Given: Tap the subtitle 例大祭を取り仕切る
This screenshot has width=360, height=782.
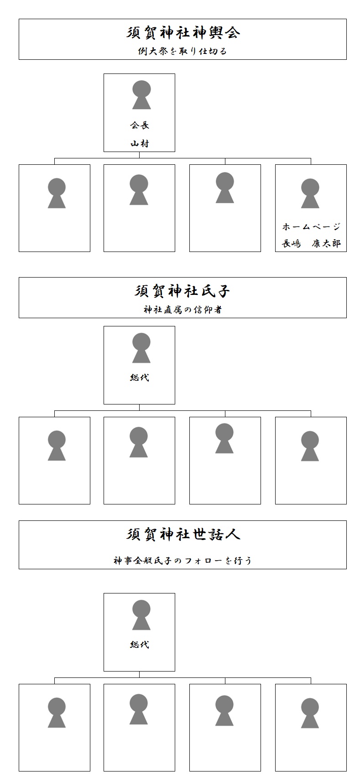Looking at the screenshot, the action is (183, 51).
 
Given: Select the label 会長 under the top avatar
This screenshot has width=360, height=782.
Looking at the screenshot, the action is (140, 125).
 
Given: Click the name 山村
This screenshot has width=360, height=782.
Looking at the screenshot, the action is (140, 143).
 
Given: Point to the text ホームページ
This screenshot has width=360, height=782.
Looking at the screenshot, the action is (311, 226).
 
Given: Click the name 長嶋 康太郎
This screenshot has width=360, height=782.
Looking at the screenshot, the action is (311, 243).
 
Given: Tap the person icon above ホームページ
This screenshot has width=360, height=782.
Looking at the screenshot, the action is (310, 194).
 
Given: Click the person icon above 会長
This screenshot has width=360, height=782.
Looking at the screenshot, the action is (141, 95).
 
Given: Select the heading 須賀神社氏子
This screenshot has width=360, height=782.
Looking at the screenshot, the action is (183, 291).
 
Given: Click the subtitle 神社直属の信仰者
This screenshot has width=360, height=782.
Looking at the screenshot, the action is (183, 310).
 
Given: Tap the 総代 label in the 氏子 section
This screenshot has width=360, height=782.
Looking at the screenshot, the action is (140, 378).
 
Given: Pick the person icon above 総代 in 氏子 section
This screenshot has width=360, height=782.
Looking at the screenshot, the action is (141, 348).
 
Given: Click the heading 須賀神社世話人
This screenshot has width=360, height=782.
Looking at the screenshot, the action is (183, 535).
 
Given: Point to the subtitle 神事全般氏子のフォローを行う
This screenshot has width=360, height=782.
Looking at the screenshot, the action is (183, 561).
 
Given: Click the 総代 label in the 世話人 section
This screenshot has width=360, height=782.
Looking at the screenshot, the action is (140, 645).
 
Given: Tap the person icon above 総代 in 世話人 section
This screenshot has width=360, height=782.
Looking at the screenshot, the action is (141, 615).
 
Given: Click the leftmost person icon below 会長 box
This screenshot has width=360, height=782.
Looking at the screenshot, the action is (57, 194).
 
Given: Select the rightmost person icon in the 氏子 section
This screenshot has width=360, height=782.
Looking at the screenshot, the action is (310, 446).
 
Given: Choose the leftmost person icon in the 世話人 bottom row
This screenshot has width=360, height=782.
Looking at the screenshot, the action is (57, 713).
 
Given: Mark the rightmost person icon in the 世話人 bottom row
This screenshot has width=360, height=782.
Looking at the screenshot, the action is (310, 713).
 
